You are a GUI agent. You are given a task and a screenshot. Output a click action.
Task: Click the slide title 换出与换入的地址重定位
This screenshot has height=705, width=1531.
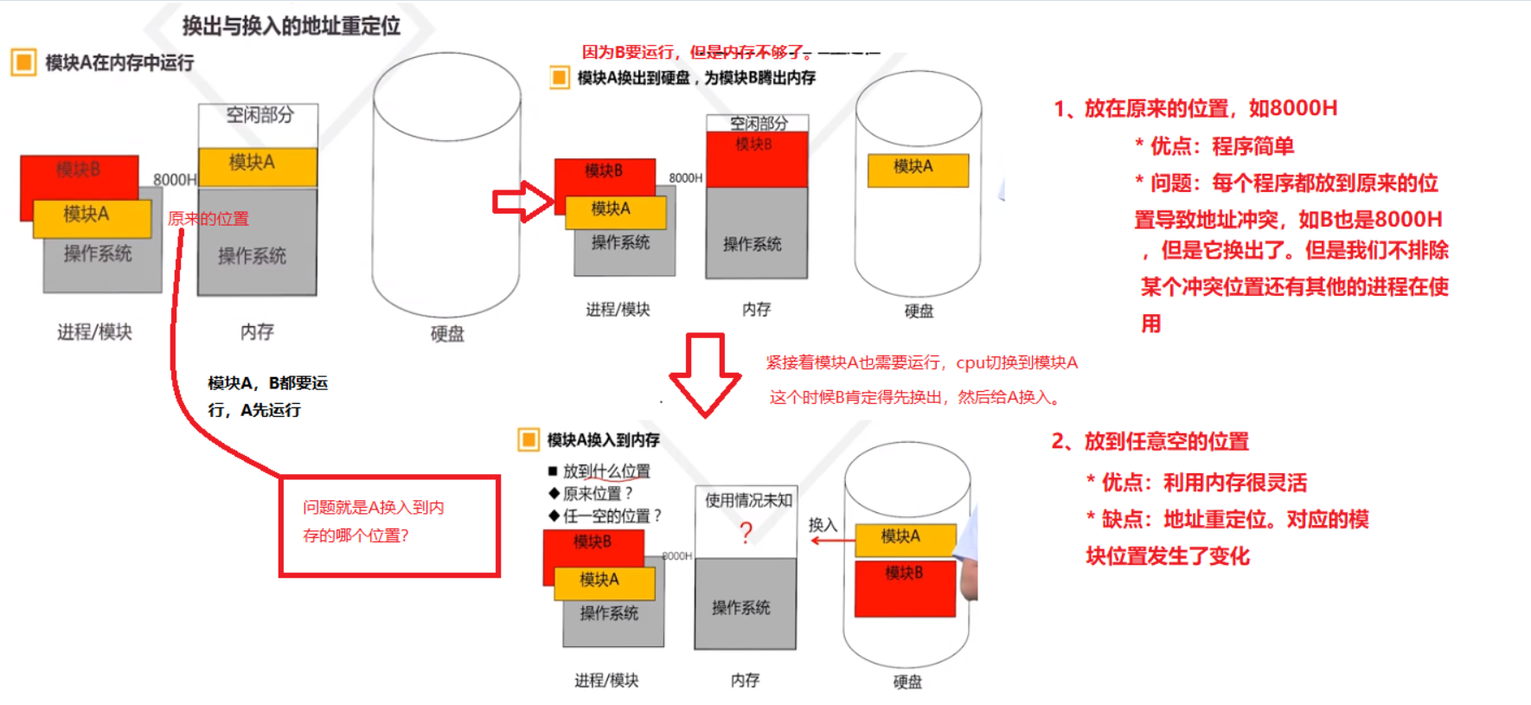click(291, 26)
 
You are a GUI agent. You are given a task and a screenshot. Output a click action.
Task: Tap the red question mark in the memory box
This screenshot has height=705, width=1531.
click(746, 533)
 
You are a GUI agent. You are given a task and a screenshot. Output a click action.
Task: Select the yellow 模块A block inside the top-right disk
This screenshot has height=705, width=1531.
click(918, 170)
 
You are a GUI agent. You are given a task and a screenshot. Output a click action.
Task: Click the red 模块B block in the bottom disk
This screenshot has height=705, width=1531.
click(905, 588)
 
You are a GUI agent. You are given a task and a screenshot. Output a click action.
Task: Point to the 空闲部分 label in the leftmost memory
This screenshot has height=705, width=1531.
click(259, 115)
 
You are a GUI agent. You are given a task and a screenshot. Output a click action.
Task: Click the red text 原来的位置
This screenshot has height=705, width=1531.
click(208, 219)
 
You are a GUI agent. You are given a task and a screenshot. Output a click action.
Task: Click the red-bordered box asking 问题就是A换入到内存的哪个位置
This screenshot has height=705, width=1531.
click(389, 525)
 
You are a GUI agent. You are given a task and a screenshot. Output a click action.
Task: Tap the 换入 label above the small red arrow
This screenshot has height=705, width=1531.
click(823, 524)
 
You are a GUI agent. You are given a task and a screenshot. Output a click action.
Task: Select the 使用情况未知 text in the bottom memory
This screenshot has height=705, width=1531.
click(747, 500)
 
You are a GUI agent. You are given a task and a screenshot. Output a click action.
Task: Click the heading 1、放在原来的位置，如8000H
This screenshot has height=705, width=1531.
click(1195, 108)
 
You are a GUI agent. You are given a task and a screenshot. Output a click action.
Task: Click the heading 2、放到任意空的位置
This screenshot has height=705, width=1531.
click(1150, 441)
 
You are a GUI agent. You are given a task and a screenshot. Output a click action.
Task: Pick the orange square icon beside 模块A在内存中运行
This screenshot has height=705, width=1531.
click(23, 62)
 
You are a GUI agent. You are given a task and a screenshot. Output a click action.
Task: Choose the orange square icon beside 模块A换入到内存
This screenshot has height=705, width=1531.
click(528, 439)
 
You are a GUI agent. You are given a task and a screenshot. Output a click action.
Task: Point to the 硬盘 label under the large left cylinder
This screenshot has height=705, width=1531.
click(447, 334)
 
